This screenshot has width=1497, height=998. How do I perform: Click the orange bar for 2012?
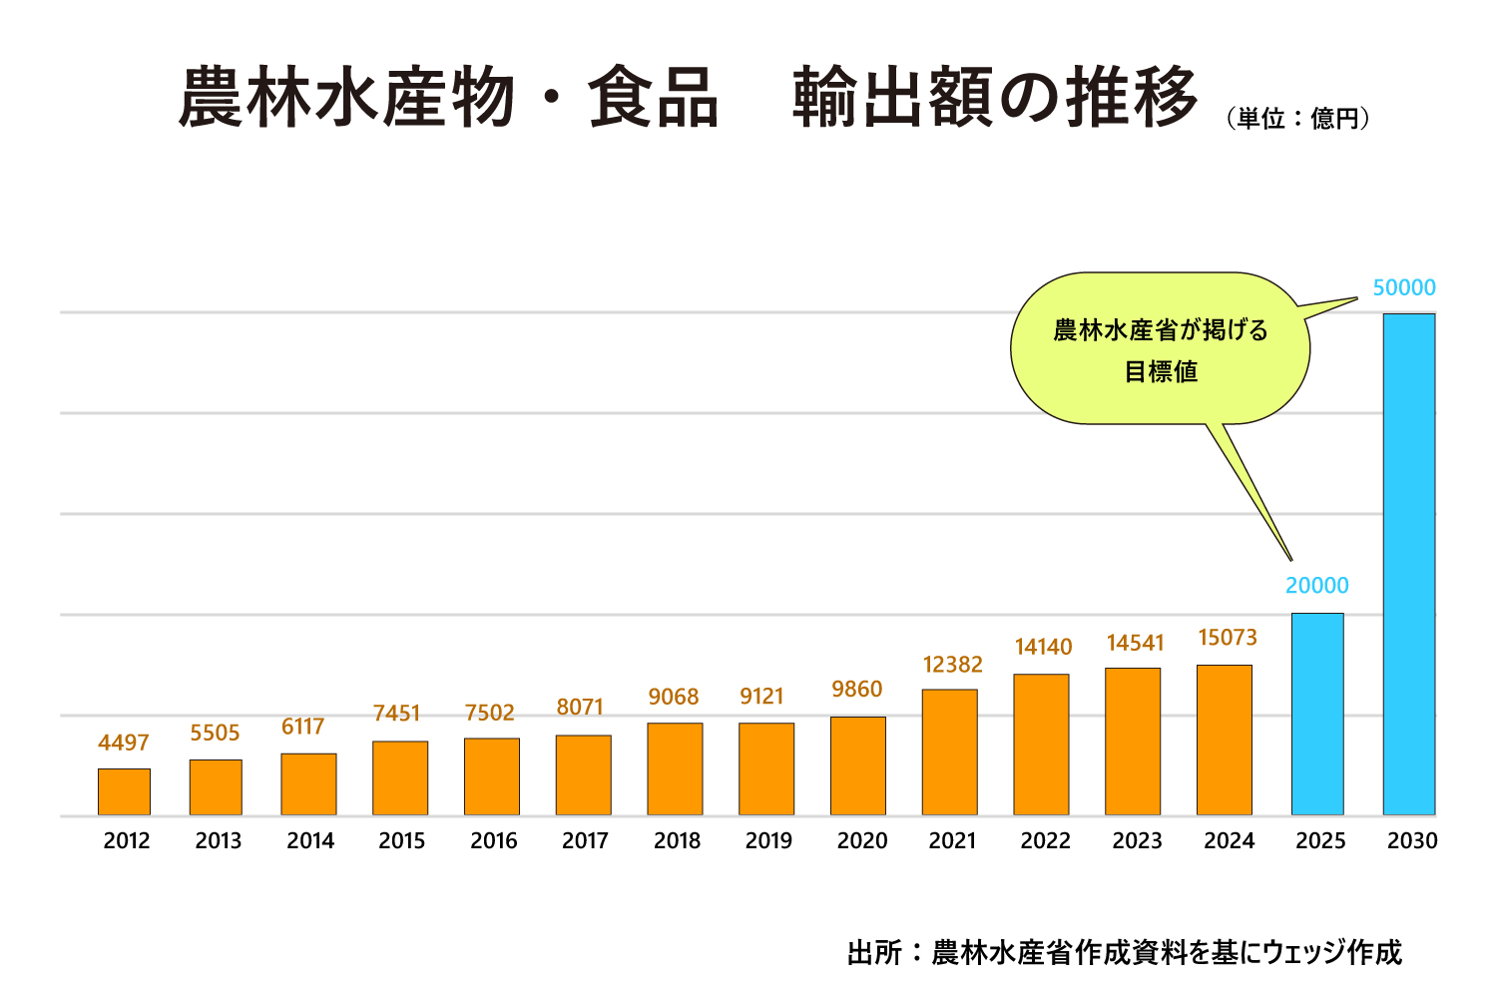point(124,791)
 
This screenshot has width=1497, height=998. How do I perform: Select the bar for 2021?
point(949,752)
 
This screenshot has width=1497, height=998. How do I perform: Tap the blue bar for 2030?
point(1408,564)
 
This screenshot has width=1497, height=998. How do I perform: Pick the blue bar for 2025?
point(1317,714)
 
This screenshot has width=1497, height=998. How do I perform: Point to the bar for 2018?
point(675,768)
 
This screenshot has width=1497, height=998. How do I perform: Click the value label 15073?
point(1227,638)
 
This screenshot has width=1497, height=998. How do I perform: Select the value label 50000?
point(1403,288)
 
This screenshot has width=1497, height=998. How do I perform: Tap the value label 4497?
point(124,743)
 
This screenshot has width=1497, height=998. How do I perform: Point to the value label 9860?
point(857,690)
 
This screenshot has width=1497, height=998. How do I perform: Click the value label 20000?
point(1316,586)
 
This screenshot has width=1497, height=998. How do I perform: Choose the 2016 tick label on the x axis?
point(493,841)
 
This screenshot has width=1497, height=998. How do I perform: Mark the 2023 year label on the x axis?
point(1137,841)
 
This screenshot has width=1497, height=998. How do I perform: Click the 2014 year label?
point(310,841)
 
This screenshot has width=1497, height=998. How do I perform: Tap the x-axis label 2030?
point(1412,841)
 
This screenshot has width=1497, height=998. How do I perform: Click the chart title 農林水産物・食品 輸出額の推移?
point(688,98)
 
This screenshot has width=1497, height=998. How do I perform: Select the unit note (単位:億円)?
point(1297,119)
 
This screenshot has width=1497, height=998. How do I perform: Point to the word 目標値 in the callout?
point(1161,372)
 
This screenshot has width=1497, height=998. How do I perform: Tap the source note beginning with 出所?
point(1124,952)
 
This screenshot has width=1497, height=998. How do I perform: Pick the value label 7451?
point(397,714)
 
